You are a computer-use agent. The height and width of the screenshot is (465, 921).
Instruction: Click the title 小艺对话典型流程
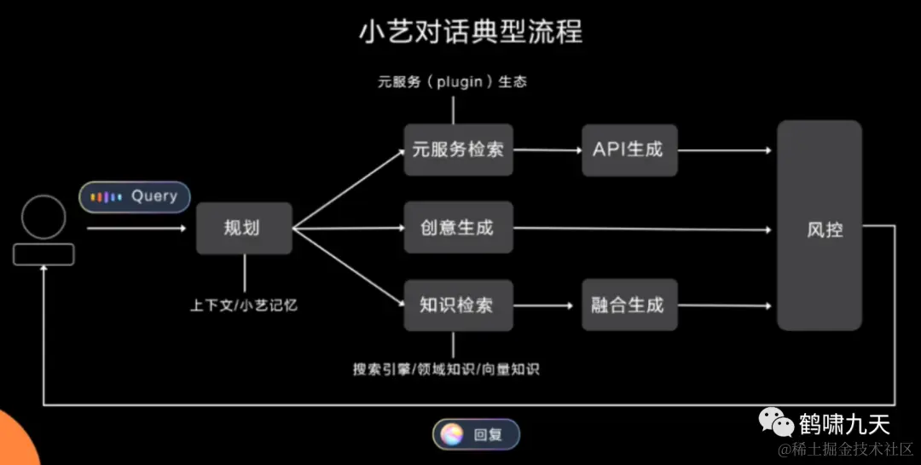(x=471, y=32)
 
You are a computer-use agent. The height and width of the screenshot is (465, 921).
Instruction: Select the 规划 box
(x=244, y=228)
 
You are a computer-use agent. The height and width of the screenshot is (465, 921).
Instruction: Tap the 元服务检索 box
(x=458, y=150)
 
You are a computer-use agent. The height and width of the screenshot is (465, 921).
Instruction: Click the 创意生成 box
(x=458, y=228)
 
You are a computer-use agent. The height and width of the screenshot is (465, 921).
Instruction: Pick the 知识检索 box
(x=458, y=305)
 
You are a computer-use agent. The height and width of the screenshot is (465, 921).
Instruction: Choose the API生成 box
(x=628, y=150)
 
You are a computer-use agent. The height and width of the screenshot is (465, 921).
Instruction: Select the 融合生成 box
(x=628, y=305)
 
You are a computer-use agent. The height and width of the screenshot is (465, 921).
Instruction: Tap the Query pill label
(x=153, y=196)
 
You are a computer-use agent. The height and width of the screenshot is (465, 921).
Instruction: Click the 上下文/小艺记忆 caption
(x=244, y=305)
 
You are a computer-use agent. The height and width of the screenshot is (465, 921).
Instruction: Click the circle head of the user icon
(x=43, y=217)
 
